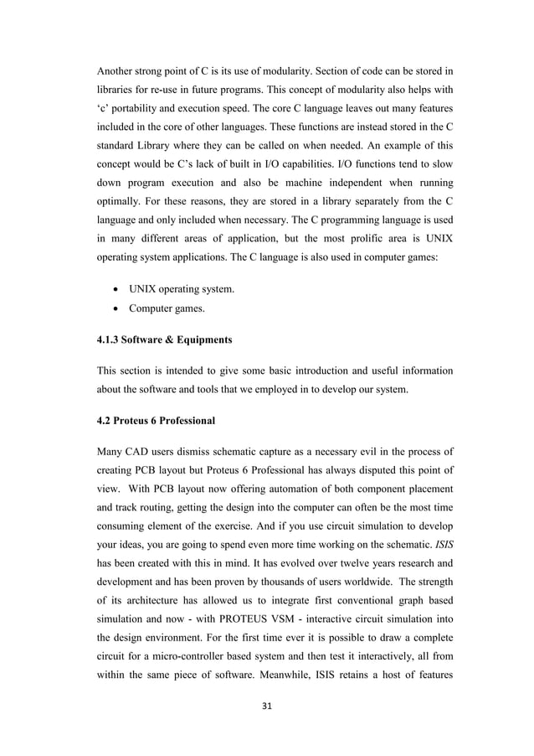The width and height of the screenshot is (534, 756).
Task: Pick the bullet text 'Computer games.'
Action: tap(165, 310)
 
